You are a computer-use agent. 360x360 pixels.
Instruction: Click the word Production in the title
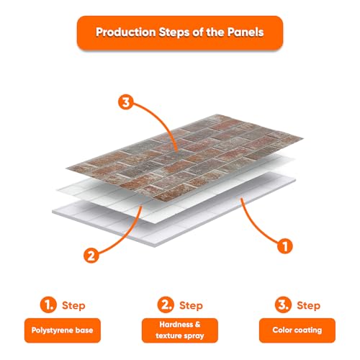pyautogui.click(x=126, y=32)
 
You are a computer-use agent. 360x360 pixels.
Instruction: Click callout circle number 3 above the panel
pyautogui.click(x=125, y=102)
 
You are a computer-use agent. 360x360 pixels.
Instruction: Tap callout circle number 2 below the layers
pyautogui.click(x=91, y=256)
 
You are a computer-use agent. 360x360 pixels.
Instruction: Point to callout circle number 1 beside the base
pyautogui.click(x=285, y=246)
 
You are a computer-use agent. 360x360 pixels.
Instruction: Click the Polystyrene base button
pyautogui.click(x=63, y=330)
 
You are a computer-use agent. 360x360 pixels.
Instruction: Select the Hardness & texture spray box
pyautogui.click(x=180, y=330)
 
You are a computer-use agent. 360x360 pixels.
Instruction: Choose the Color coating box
pyautogui.click(x=297, y=330)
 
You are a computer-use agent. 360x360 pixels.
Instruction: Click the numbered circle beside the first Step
pyautogui.click(x=48, y=305)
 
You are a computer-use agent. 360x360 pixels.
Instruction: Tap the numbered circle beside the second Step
pyautogui.click(x=166, y=305)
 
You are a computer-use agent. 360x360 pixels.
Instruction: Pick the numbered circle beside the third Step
pyautogui.click(x=283, y=305)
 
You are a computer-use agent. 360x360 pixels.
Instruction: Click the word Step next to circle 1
pyautogui.click(x=73, y=306)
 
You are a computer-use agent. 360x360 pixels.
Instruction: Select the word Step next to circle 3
pyautogui.click(x=308, y=306)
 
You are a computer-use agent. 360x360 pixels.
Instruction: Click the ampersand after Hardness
pyautogui.click(x=197, y=325)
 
